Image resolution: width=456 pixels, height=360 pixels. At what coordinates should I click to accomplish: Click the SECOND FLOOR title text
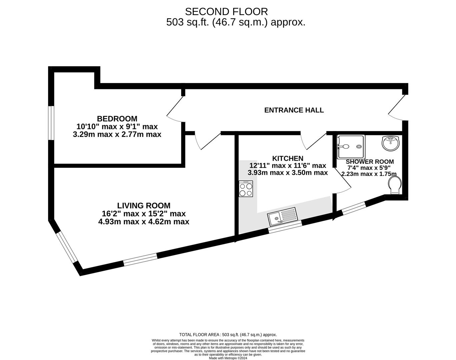pyautogui.click(x=226, y=12)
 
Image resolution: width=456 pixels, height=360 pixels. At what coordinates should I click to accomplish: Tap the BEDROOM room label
pyautogui.click(x=117, y=119)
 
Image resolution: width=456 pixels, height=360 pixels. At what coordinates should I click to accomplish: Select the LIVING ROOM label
pyautogui.click(x=143, y=206)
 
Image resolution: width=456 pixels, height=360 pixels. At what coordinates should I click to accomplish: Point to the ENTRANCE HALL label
pyautogui.click(x=294, y=110)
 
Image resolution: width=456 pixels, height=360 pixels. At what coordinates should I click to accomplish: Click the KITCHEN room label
pyautogui.click(x=288, y=158)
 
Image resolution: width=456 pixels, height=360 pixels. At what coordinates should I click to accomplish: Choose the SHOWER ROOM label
pyautogui.click(x=370, y=162)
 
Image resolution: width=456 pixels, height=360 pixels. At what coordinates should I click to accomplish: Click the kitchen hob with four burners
pyautogui.click(x=246, y=189)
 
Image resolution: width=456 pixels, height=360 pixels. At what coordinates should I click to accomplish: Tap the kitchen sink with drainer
pyautogui.click(x=282, y=215)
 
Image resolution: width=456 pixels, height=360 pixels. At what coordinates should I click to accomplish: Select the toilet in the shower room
pyautogui.click(x=395, y=185)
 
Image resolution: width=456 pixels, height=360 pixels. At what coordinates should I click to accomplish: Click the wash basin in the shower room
pyautogui.click(x=390, y=143)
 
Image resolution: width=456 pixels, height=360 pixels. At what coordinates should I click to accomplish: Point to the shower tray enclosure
pyautogui.click(x=351, y=147)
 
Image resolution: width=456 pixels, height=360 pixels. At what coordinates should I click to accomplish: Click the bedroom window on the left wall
pyautogui.click(x=51, y=123)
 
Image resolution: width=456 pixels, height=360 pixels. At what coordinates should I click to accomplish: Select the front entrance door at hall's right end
pyautogui.click(x=397, y=107)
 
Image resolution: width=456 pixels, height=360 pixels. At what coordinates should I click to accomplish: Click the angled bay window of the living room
pyautogui.click(x=67, y=247)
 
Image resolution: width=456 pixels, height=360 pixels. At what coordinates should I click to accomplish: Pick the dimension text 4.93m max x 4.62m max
pyautogui.click(x=143, y=222)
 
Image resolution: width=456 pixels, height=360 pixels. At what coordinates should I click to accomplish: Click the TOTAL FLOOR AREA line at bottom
pyautogui.click(x=228, y=335)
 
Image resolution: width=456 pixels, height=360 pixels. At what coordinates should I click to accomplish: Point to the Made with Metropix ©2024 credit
pyautogui.click(x=228, y=358)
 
